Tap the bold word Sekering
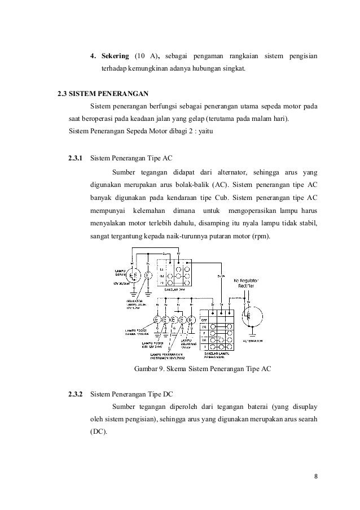coord(116,56)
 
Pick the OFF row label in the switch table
coord(205,319)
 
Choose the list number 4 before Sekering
coord(93,56)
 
